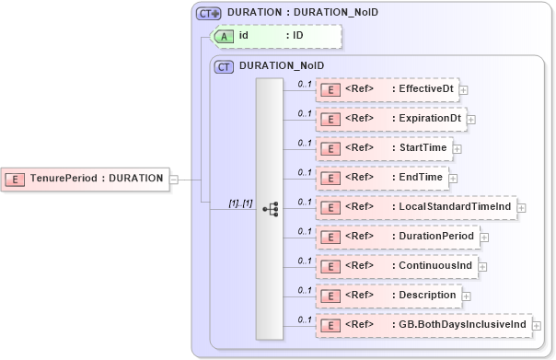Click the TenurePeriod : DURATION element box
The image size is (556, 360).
[85, 178]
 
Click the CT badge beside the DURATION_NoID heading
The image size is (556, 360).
[224, 66]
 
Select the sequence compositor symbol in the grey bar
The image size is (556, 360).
[270, 209]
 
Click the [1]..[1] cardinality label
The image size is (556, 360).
[240, 203]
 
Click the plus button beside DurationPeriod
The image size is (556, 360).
[484, 237]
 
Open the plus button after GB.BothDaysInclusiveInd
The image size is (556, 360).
[537, 325]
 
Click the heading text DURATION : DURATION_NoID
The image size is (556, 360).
[302, 13]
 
